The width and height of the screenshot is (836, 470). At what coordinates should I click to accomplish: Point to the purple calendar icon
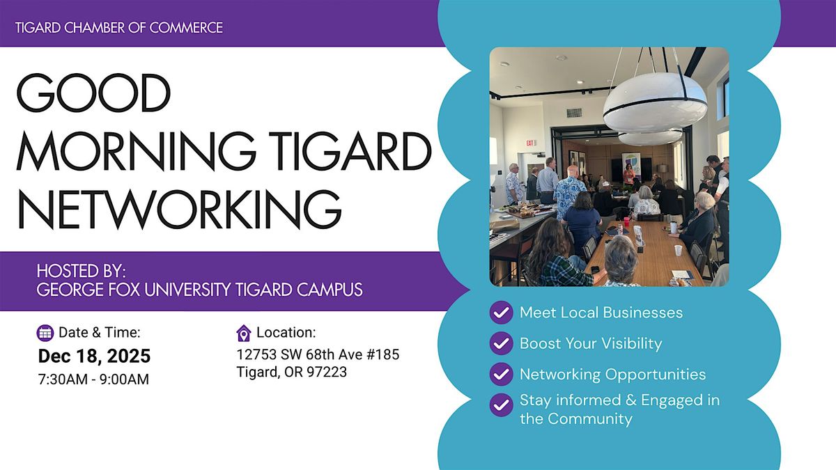[45, 333]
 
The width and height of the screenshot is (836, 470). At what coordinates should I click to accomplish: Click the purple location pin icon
[244, 333]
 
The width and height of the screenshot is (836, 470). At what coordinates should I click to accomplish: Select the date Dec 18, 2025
[94, 357]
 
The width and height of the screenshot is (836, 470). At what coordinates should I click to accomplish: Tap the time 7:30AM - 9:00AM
[93, 379]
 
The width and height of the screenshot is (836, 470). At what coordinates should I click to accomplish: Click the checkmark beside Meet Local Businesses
[501, 313]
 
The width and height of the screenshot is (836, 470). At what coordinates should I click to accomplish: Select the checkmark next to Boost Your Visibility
[501, 343]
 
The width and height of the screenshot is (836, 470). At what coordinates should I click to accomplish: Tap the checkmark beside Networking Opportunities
[501, 374]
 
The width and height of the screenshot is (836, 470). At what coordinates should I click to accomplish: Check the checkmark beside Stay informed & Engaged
[501, 405]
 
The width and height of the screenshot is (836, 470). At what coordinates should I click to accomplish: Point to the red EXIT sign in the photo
[531, 143]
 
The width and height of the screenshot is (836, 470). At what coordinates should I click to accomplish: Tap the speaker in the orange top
[629, 172]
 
